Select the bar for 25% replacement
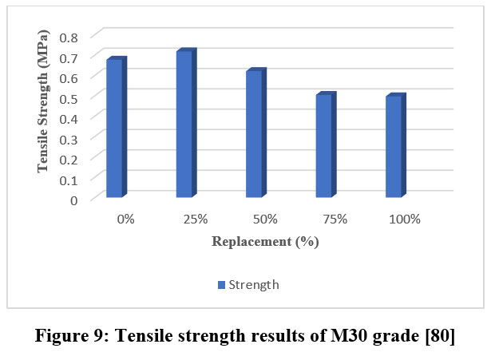click(184, 125)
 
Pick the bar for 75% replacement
click(323, 146)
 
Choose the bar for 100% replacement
click(393, 147)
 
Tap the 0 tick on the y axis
click(74, 200)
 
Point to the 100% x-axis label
click(405, 219)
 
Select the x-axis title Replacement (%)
click(265, 242)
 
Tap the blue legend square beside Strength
click(221, 285)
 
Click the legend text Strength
click(253, 285)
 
